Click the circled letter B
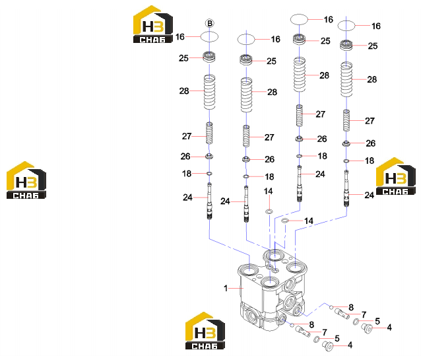[x=210, y=23]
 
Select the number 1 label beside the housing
[x=226, y=288]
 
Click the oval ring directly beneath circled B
[x=209, y=36]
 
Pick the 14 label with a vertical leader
[x=268, y=191]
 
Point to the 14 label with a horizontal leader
[x=309, y=221]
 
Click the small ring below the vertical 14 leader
[x=269, y=211]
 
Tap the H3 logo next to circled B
[x=153, y=24]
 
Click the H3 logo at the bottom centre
[x=205, y=331]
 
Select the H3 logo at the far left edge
[x=26, y=180]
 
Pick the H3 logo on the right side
[x=395, y=176]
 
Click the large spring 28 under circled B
[x=209, y=92]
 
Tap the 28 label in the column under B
[x=184, y=91]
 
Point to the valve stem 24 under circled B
[x=209, y=201]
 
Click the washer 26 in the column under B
[x=209, y=156]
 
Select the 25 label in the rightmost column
[x=373, y=46]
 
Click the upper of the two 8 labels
[x=351, y=307]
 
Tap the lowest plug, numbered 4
[x=327, y=345]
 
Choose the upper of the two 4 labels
[x=389, y=327]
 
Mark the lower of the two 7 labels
[x=325, y=332]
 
